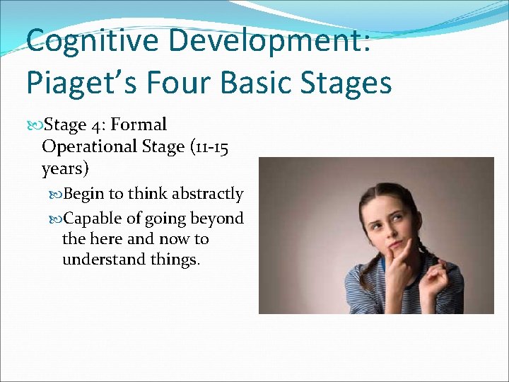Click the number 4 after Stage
coord(96,125)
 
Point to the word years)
coord(64,169)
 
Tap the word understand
coord(104,260)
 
